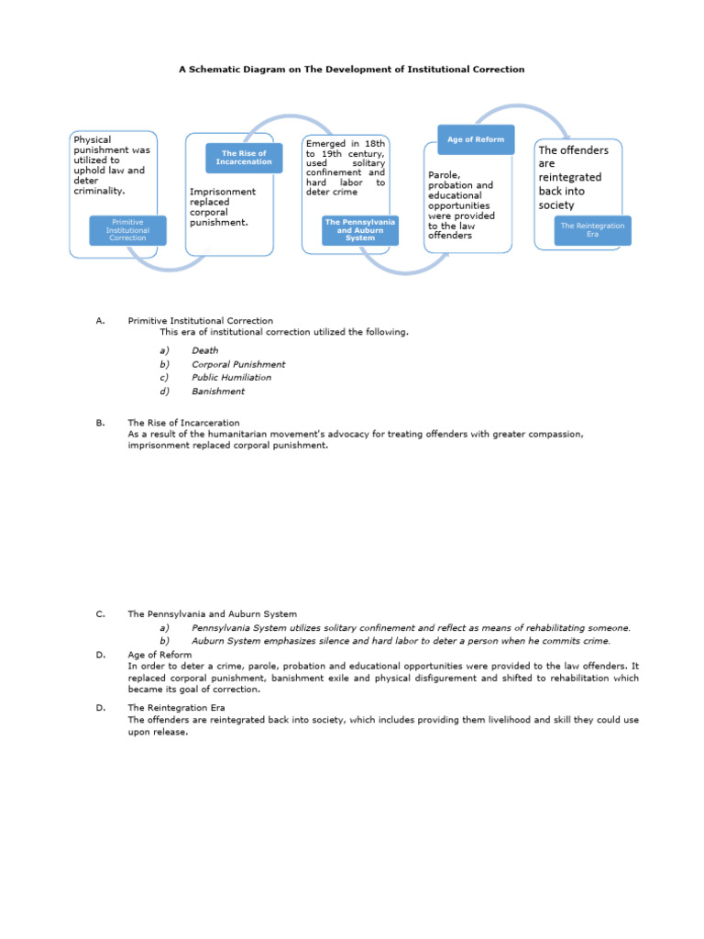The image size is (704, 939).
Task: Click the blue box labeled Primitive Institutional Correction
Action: (x=128, y=230)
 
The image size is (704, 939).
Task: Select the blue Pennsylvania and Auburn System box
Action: (x=360, y=230)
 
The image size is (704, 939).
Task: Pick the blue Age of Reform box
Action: (x=476, y=139)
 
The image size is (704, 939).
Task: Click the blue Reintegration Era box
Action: (x=592, y=230)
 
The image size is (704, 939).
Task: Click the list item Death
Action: (x=204, y=350)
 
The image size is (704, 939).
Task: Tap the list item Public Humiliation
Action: (x=231, y=378)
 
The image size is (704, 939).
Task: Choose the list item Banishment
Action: (x=218, y=392)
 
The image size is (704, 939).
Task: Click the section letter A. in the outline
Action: (x=100, y=321)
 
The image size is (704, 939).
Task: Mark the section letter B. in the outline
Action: (x=100, y=423)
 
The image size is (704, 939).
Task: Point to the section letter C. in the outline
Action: (x=100, y=614)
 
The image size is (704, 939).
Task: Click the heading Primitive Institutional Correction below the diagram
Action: (x=200, y=321)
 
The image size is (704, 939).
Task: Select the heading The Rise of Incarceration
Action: (x=183, y=423)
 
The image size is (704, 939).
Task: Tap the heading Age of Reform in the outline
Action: (x=159, y=655)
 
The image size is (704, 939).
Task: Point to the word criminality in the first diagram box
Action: (x=98, y=191)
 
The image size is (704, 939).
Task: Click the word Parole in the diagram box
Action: (x=443, y=174)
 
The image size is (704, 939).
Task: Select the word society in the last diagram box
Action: (x=556, y=205)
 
